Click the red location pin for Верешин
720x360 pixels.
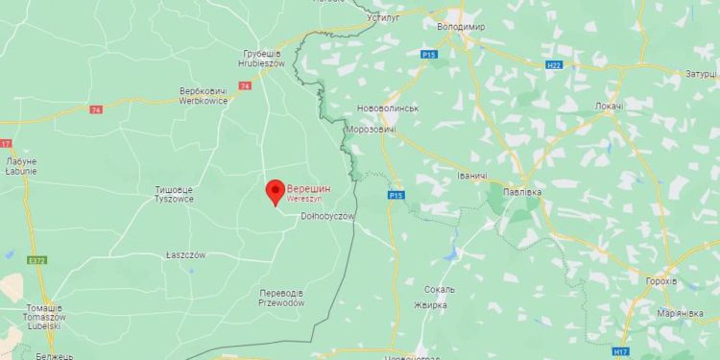[x=274, y=192]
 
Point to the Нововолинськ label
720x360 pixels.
[x=387, y=108]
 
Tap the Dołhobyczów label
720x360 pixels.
[x=327, y=217]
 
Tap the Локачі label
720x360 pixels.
[x=608, y=106]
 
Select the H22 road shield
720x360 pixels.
[x=553, y=64]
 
